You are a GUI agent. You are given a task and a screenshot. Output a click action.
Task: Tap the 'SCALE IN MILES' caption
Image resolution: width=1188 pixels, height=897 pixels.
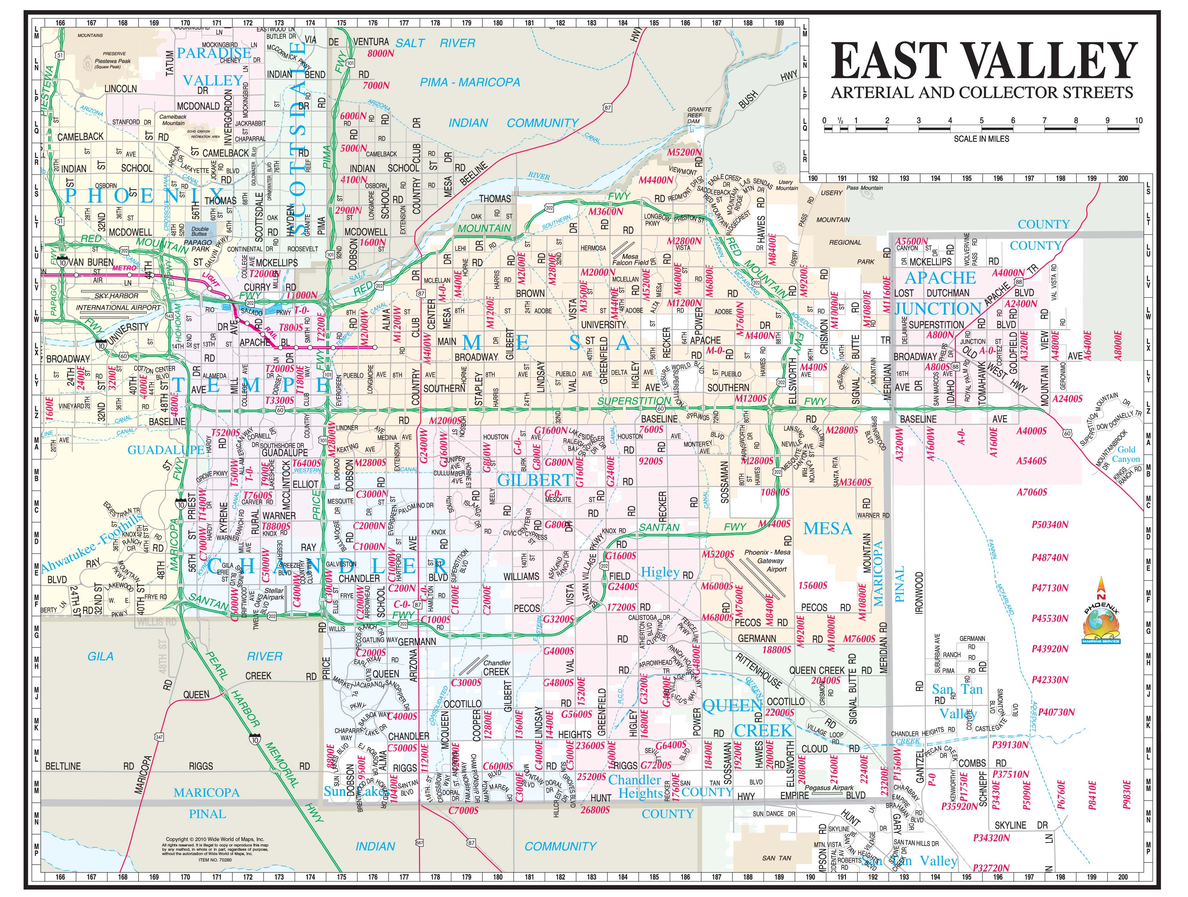(981, 138)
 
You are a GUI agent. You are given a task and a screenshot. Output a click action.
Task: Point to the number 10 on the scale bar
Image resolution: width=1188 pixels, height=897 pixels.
(1138, 120)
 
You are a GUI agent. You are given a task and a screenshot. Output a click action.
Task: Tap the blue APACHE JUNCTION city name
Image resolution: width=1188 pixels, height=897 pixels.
(939, 293)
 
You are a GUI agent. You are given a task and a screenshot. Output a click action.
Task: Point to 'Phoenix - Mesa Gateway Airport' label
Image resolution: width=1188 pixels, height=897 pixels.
(767, 560)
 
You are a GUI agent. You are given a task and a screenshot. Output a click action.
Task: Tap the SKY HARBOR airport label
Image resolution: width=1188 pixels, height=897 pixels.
(117, 296)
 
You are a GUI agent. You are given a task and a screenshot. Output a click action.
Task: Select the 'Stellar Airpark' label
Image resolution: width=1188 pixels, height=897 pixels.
(274, 594)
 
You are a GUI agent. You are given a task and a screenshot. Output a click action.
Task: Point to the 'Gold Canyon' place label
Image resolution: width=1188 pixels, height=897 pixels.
(1126, 454)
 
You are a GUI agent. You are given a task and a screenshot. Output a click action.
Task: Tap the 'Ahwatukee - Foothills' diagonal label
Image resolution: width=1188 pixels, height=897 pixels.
(91, 542)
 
